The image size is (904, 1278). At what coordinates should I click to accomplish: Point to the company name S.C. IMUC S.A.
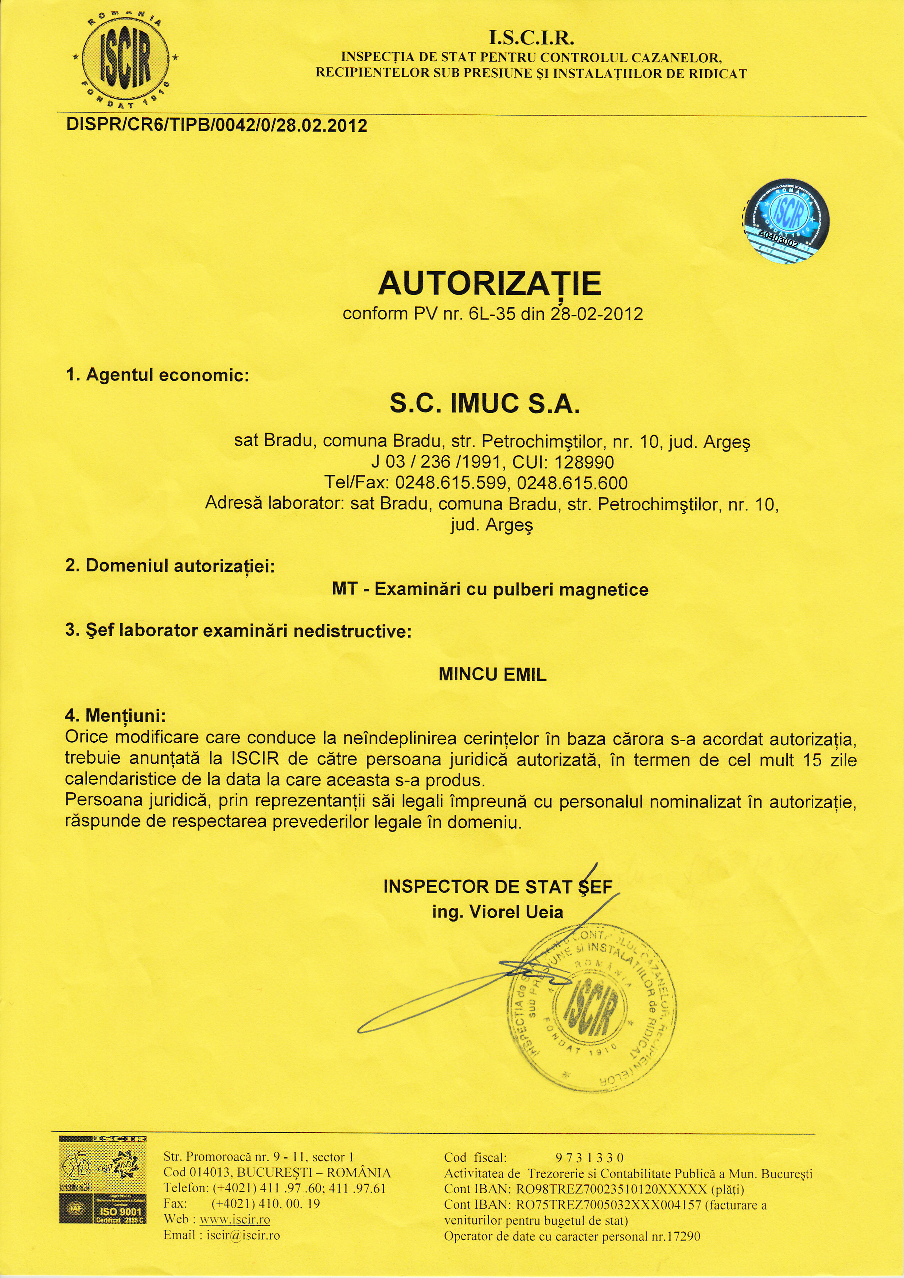(x=485, y=403)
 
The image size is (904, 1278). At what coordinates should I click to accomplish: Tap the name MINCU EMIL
(x=492, y=675)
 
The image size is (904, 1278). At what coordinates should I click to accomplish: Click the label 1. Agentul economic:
(x=157, y=375)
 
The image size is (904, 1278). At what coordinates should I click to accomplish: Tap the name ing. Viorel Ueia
(x=498, y=912)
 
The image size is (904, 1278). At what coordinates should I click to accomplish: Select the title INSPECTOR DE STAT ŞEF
(x=498, y=887)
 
